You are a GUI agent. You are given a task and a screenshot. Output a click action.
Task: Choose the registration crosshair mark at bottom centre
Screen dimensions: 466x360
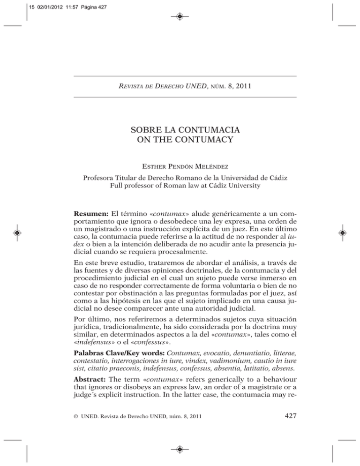(x=180, y=449)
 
